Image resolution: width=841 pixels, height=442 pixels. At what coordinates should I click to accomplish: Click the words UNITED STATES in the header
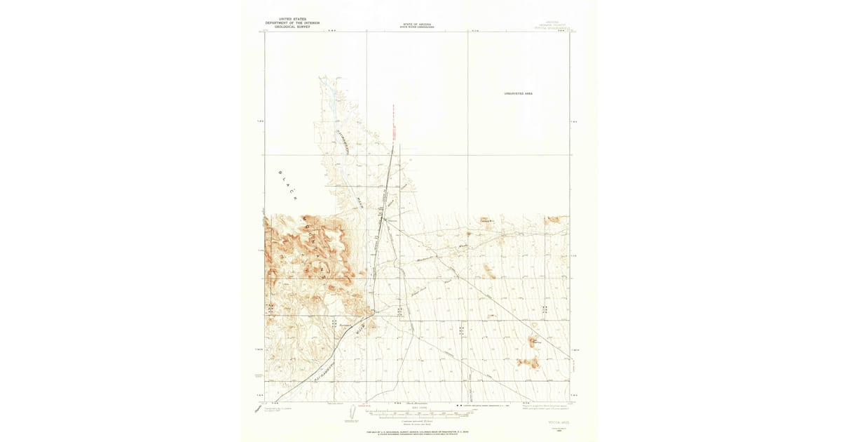point(292,19)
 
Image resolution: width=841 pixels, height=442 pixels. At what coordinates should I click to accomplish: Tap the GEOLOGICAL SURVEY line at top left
point(292,26)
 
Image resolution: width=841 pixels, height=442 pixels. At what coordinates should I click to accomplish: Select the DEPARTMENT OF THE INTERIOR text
point(292,22)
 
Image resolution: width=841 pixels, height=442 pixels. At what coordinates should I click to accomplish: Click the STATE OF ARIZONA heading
point(417,25)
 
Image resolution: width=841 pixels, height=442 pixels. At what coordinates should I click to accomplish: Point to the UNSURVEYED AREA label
point(518,93)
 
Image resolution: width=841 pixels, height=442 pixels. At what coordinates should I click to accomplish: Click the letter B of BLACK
point(280,173)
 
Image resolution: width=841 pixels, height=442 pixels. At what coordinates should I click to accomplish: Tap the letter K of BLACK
point(296,199)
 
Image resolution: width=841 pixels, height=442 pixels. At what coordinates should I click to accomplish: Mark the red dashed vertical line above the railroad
point(394,126)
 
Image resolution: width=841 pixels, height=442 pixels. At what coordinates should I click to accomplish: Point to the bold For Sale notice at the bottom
point(417,434)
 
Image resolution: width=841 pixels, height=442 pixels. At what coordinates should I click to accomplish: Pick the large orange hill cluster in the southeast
point(528,362)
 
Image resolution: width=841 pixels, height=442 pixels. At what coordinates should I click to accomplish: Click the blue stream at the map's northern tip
point(324,91)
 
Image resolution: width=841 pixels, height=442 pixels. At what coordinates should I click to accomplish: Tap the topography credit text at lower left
point(275,408)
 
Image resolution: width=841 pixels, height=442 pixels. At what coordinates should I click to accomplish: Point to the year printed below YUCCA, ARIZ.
point(558,427)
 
